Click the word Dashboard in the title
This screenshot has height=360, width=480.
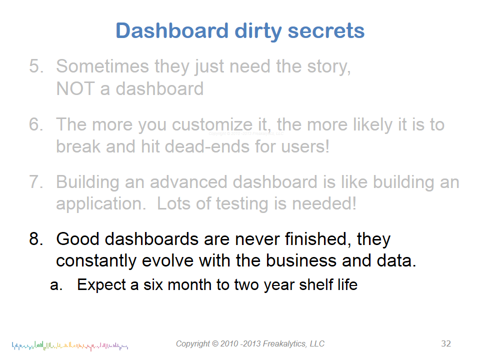pyautogui.click(x=172, y=30)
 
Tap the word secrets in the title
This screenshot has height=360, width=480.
pyautogui.click(x=326, y=31)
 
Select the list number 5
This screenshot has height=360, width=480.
pyautogui.click(x=36, y=66)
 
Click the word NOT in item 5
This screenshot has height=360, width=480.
pyautogui.click(x=75, y=88)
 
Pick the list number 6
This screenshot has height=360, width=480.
pyautogui.click(x=36, y=124)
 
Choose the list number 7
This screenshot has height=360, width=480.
pyautogui.click(x=36, y=182)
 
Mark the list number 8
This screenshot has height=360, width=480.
pyautogui.click(x=36, y=239)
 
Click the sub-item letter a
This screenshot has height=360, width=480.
pyautogui.click(x=56, y=285)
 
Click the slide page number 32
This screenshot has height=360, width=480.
pyautogui.click(x=446, y=343)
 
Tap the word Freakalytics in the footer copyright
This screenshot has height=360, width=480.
pyautogui.click(x=284, y=344)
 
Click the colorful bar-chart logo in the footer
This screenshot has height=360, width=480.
pyautogui.click(x=70, y=346)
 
